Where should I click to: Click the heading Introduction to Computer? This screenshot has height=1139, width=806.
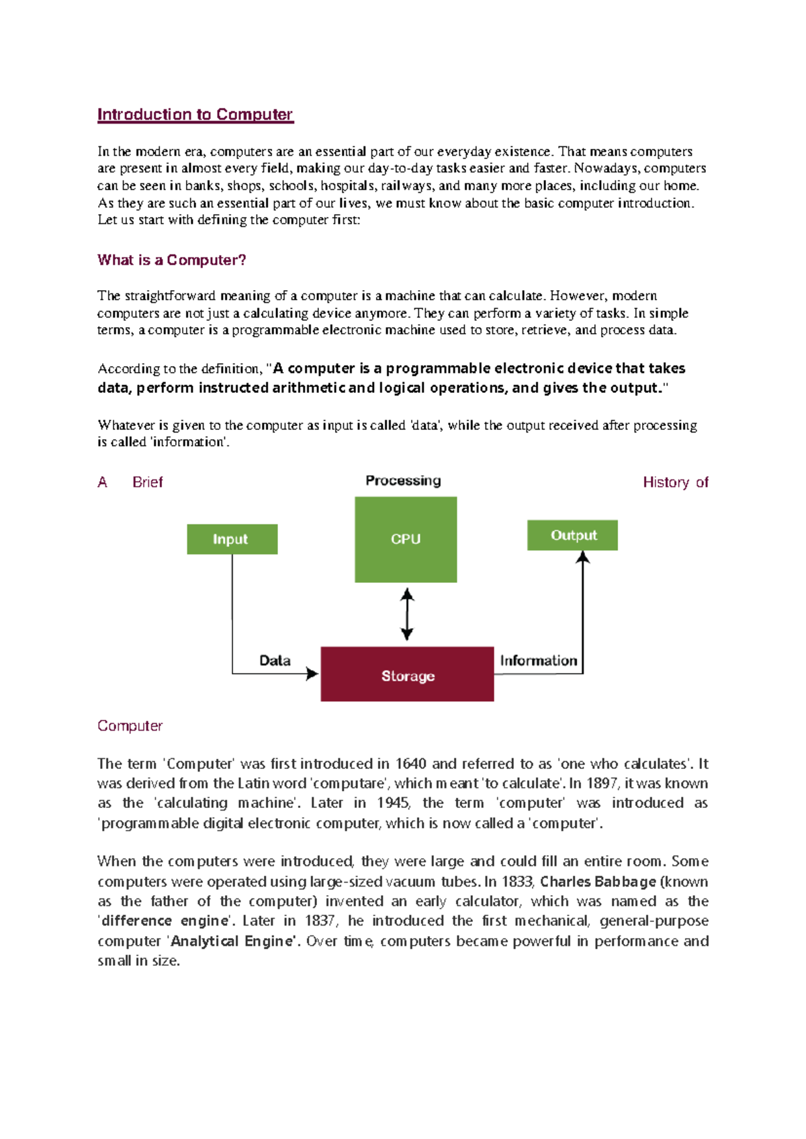click(x=195, y=115)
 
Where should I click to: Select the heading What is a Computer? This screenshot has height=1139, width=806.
click(x=171, y=261)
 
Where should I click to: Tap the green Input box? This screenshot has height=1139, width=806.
click(x=232, y=539)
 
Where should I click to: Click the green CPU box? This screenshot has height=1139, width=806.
click(x=406, y=539)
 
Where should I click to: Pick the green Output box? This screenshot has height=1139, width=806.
click(x=572, y=535)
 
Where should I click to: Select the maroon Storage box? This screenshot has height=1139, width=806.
click(x=407, y=674)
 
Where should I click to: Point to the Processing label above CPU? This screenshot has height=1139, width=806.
click(x=403, y=481)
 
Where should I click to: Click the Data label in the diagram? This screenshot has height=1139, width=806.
click(x=275, y=661)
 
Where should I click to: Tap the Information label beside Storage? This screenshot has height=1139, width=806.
click(x=538, y=661)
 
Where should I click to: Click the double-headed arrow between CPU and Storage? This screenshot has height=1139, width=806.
click(x=407, y=614)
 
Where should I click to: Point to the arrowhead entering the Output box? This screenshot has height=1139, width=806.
click(x=583, y=557)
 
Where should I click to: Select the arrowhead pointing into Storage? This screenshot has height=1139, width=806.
click(x=312, y=674)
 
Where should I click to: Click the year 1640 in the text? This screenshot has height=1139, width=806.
click(x=410, y=764)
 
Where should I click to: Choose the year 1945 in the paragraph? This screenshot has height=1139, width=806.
click(x=393, y=803)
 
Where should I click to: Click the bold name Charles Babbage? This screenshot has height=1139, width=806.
click(x=597, y=882)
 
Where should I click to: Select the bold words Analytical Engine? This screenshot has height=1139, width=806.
click(x=233, y=942)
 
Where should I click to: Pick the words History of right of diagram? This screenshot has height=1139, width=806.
click(x=675, y=482)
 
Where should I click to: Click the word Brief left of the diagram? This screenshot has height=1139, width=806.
click(x=148, y=482)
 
